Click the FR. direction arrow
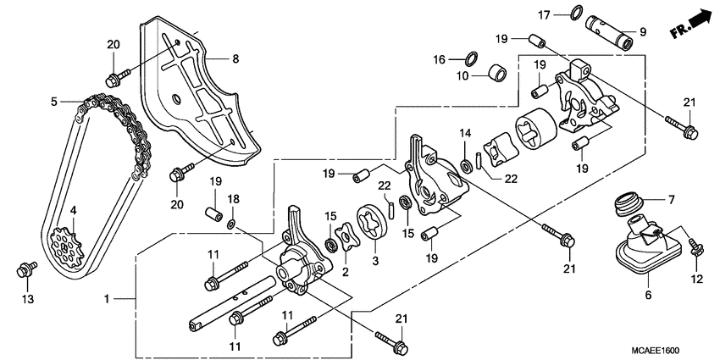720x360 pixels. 690,22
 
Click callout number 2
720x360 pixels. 346,271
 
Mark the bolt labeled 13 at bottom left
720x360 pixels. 25,270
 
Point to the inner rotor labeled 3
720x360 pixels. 374,234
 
